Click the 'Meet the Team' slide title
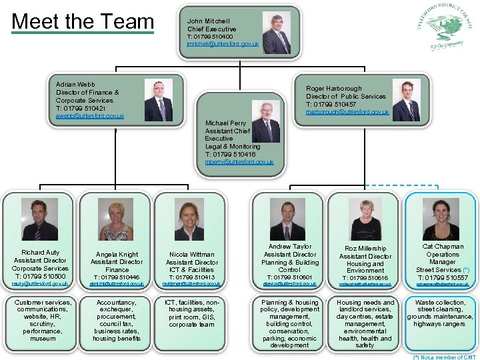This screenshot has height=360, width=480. click(83, 21)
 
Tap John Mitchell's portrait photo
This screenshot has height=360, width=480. click(276, 33)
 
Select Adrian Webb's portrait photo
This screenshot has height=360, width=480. click(158, 101)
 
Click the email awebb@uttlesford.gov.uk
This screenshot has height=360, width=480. click(89, 116)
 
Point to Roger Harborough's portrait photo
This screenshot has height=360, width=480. click(406, 101)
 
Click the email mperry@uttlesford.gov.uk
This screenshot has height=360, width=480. click(239, 162)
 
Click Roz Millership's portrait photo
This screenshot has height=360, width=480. click(365, 220)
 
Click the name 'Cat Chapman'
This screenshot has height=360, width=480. click(443, 247)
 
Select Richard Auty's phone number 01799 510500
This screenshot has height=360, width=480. click(40, 276)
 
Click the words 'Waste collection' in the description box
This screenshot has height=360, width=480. click(441, 303)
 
